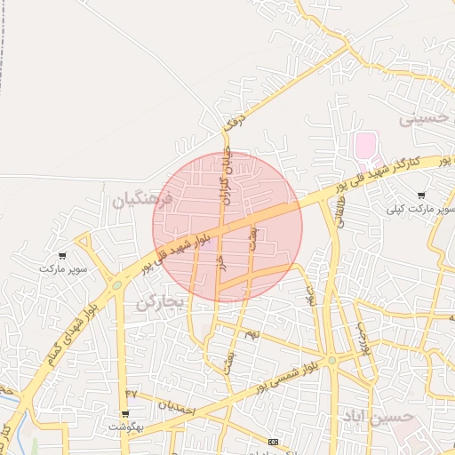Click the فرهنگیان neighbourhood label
(137, 200)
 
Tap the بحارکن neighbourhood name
(159, 303)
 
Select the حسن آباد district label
(378, 417)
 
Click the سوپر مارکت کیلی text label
(421, 210)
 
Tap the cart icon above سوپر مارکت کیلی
(420, 196)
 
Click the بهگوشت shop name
(126, 427)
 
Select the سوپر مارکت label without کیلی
(62, 267)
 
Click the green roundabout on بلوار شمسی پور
(331, 360)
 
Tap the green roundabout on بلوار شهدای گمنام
(116, 285)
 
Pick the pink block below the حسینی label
(364, 142)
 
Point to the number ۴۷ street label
(132, 392)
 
